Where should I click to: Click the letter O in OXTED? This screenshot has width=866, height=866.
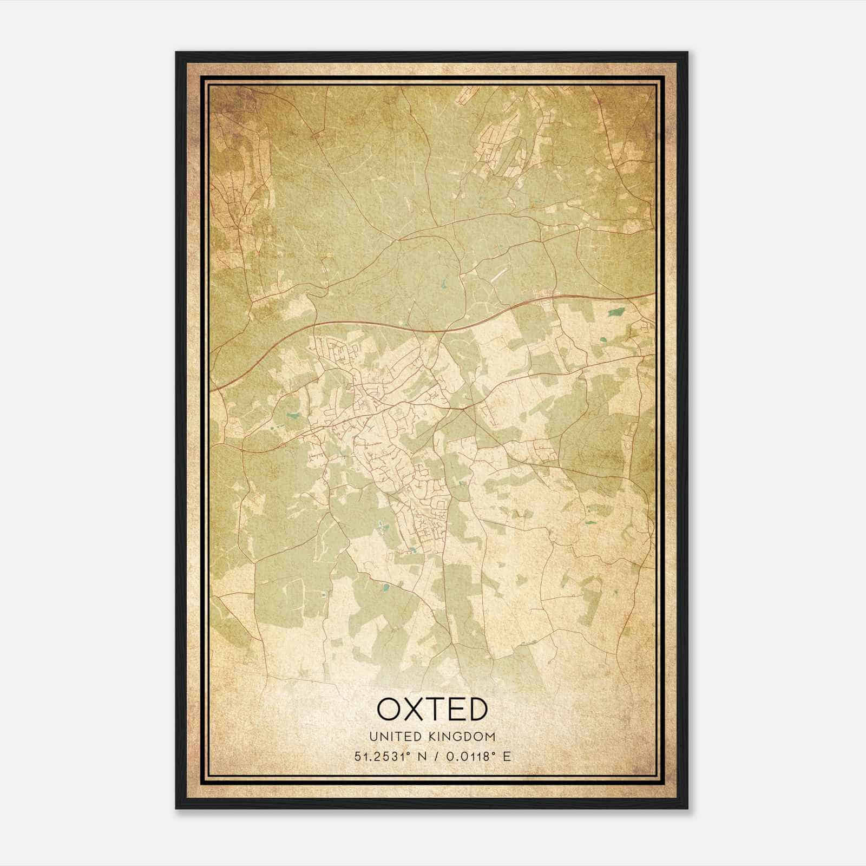[390, 709]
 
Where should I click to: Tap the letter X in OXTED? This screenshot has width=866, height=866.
[415, 709]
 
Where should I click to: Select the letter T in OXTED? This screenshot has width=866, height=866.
[437, 709]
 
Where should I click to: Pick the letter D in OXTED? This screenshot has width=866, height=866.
[478, 709]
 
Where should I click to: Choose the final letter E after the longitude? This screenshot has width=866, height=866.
[507, 757]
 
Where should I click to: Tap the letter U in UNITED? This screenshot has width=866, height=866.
[373, 737]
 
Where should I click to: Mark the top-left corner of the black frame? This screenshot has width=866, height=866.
[176, 53]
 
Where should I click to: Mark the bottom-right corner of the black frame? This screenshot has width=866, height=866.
[687, 809]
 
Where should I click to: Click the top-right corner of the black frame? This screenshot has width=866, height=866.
[687, 53]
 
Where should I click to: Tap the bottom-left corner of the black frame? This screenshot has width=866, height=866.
[176, 809]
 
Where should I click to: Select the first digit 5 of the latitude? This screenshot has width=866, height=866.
[358, 757]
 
